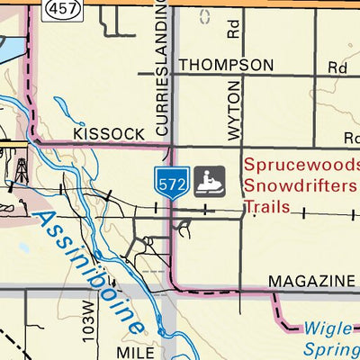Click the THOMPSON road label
click(225, 65)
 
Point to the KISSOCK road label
click(109, 133)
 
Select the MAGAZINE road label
click(310, 281)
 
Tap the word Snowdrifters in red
click(300, 186)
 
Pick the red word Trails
click(266, 207)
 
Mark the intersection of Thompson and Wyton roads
click(242, 76)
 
